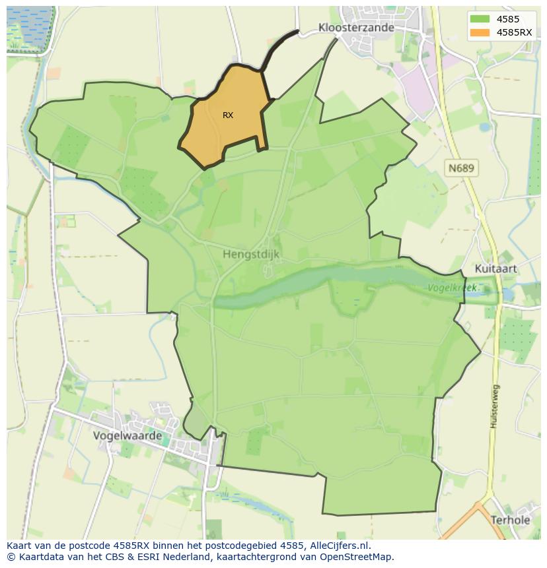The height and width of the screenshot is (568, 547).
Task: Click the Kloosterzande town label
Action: click(356, 28)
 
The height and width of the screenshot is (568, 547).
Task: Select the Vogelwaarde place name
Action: click(128, 436)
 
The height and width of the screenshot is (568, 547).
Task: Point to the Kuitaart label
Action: click(495, 269)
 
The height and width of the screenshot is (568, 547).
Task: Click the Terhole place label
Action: click(510, 520)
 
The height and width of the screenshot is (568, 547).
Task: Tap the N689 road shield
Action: click(461, 168)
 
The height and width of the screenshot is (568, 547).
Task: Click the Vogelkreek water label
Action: click(453, 288)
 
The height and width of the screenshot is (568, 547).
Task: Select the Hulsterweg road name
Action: click(494, 406)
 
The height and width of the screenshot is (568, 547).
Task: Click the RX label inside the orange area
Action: click(228, 115)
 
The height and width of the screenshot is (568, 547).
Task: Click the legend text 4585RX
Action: click(514, 32)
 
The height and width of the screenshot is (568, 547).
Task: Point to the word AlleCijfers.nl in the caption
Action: click(340, 546)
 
